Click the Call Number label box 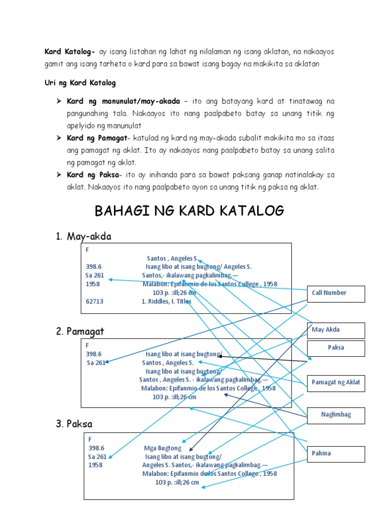336,294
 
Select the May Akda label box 336,330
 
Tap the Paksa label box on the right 336,348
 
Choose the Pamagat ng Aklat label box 336,382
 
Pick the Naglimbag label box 336,415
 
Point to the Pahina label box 336,454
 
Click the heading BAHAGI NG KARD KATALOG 189,211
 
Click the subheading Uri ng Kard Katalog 80,83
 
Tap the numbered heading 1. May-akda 83,237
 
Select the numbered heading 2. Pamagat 80,331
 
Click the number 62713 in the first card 95,301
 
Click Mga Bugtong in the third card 162,448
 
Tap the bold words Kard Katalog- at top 70,51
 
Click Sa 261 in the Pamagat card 96,363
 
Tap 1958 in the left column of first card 93,284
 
